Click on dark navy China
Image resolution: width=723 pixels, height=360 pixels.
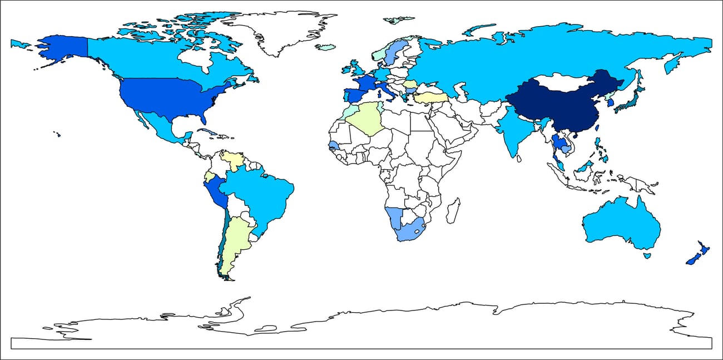562,109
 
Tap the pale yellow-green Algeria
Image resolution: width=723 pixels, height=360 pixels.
367,117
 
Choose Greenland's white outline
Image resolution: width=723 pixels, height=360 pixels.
278,31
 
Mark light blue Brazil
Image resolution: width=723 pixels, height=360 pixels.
261,195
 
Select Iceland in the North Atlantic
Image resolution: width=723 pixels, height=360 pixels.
325,47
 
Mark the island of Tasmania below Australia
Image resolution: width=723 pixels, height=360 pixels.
647,255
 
